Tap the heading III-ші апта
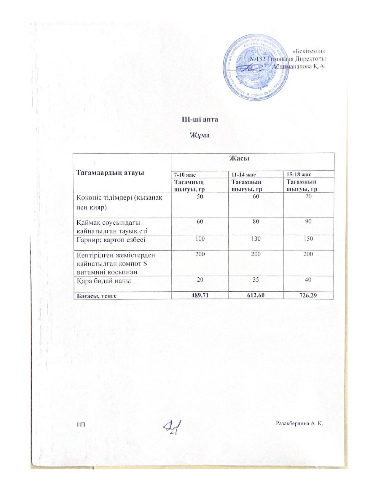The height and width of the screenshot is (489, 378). (200, 119)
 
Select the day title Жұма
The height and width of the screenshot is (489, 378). (200, 135)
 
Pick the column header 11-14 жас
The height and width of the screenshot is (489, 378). (243, 175)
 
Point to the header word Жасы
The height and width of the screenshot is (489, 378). (239, 158)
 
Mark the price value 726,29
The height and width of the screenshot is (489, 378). (309, 295)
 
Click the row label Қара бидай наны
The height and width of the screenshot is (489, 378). (103, 281)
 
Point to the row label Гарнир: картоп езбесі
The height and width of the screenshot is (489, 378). (111, 239)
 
